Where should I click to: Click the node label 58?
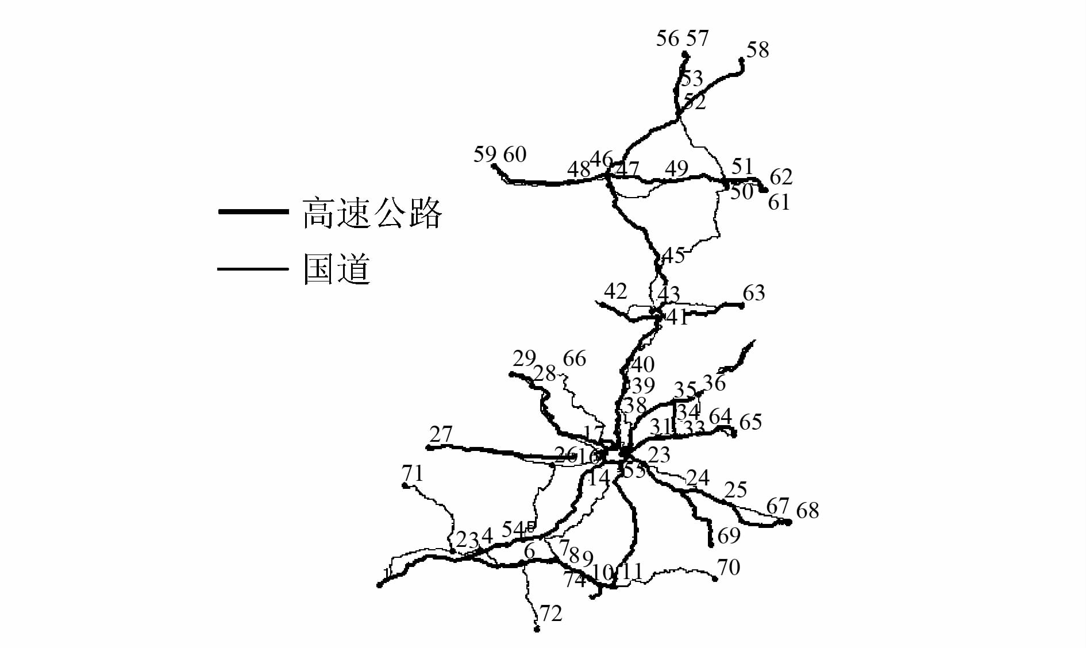[x=757, y=51]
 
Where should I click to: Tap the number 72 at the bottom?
[x=550, y=614]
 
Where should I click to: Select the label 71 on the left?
[x=412, y=473]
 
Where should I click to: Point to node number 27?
[x=441, y=434]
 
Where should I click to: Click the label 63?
[x=754, y=294]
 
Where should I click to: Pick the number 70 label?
[x=729, y=568]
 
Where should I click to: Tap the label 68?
[x=807, y=510]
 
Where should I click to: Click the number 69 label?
[x=729, y=536]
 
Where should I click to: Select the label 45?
[x=673, y=256]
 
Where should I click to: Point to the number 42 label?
[x=615, y=291]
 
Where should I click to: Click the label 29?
[x=524, y=358]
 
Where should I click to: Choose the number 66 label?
[x=574, y=359]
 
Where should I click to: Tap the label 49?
[x=676, y=169]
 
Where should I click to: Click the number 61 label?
[x=779, y=203]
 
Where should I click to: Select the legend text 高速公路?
[x=372, y=213]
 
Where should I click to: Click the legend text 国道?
[x=337, y=269]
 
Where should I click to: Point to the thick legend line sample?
[x=253, y=212]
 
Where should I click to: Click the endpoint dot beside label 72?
[x=537, y=630]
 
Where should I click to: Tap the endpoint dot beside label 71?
[x=405, y=485]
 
